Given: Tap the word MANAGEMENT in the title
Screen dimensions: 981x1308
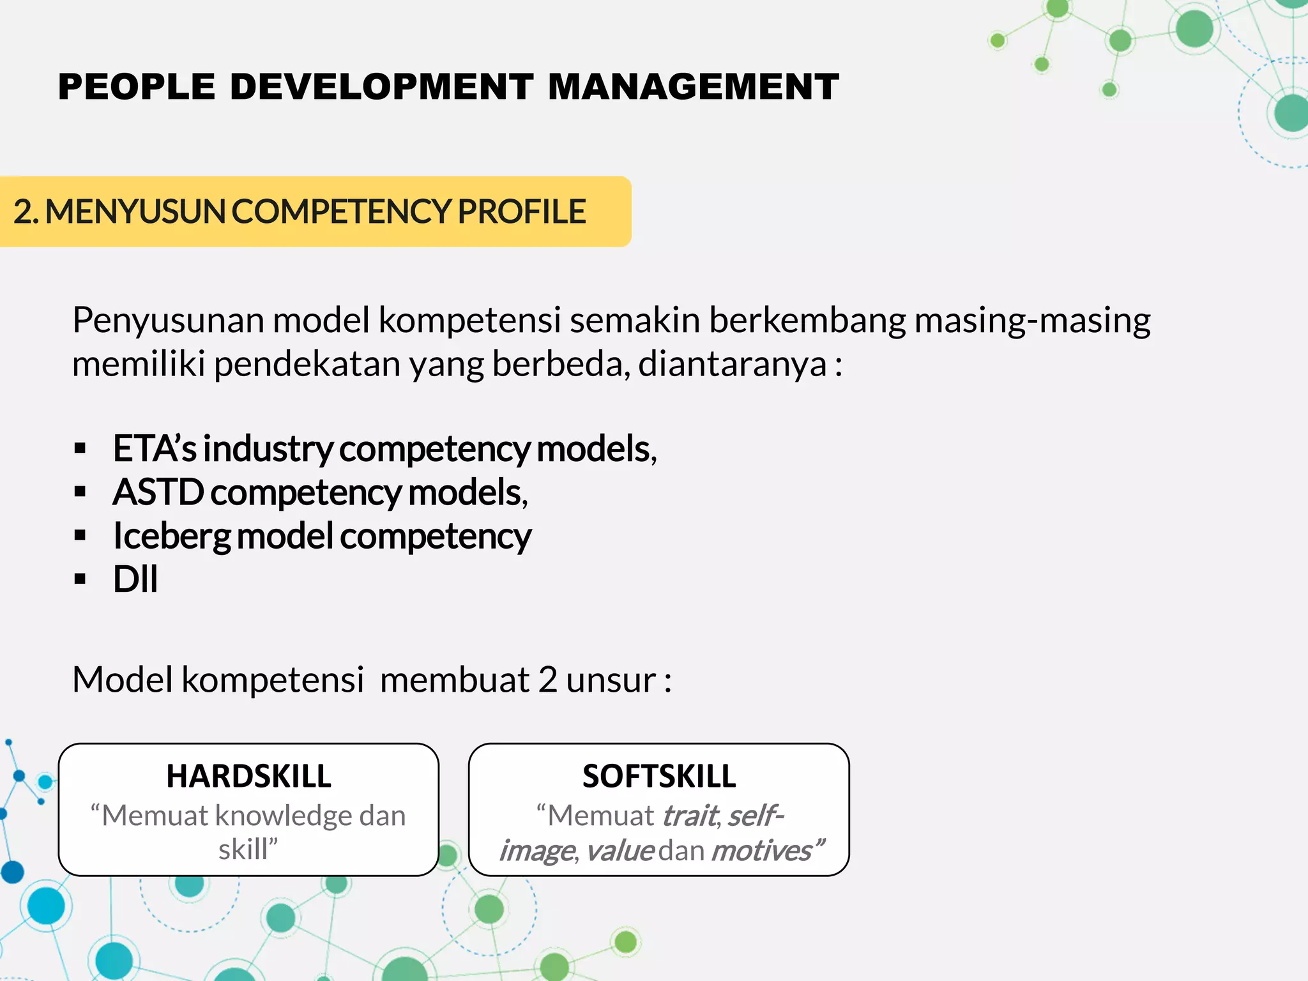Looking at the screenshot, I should [x=693, y=87].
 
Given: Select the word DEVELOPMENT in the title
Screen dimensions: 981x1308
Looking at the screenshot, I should [x=381, y=87].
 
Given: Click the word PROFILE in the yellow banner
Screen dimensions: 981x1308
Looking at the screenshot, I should [x=521, y=211].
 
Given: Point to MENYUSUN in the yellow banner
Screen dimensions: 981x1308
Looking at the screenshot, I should [x=135, y=211].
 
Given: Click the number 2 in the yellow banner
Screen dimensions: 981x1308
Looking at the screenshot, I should [x=23, y=211].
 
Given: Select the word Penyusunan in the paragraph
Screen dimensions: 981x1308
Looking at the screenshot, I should [x=168, y=321].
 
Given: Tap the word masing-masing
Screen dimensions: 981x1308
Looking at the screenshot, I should [x=1032, y=321].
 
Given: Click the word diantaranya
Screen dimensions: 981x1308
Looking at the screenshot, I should [x=733, y=364].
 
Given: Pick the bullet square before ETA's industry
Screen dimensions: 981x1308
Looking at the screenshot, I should [x=80, y=448].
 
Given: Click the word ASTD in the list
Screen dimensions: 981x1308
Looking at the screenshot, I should [x=158, y=492].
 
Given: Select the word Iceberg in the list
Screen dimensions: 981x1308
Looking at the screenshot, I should [x=171, y=536].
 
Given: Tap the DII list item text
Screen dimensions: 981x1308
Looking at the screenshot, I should [x=135, y=579].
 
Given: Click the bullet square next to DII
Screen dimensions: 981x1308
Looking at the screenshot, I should [x=80, y=579].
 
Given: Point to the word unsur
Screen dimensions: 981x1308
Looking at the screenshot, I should [x=610, y=680].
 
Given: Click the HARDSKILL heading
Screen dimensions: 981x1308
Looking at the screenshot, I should [x=248, y=777].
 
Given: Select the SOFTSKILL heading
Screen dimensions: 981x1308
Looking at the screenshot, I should [x=659, y=777].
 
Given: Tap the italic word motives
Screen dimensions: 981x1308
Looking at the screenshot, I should [x=761, y=851].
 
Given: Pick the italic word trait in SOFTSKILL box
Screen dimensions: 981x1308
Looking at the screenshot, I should [x=690, y=816].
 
